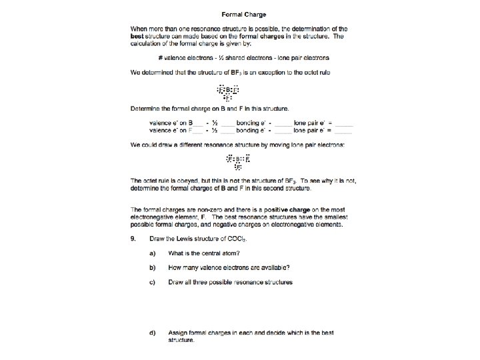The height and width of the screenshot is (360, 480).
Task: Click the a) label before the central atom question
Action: point(153,253)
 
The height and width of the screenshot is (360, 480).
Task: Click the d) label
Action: point(153,332)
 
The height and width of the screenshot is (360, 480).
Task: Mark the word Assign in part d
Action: point(179,332)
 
